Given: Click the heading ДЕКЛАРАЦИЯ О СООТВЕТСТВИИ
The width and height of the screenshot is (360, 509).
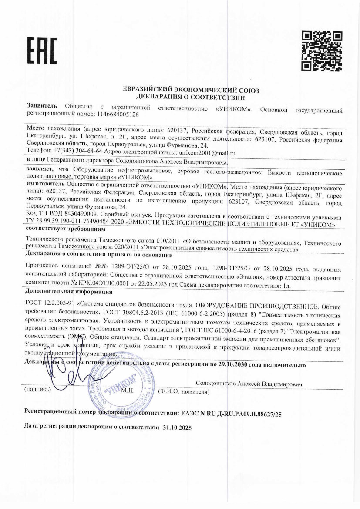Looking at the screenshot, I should [x=192, y=97].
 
